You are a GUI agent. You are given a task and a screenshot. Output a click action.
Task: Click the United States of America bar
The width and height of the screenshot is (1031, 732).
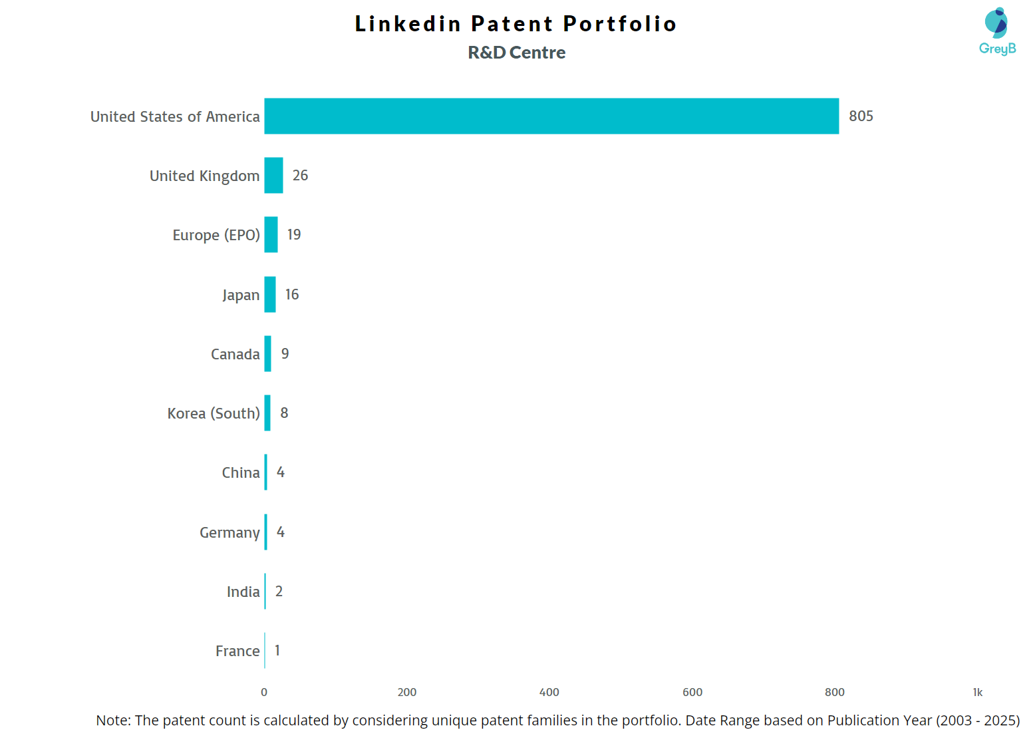[551, 116]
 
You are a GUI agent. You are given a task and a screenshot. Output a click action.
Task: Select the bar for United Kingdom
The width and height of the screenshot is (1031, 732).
[273, 176]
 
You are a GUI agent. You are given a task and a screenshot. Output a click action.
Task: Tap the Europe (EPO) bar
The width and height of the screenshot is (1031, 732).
[271, 235]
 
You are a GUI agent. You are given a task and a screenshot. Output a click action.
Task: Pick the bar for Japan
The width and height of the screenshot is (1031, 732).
[270, 294]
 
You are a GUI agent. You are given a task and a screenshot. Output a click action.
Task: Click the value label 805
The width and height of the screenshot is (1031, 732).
[861, 116]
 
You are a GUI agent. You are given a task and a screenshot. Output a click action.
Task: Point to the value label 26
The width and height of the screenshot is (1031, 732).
[300, 176]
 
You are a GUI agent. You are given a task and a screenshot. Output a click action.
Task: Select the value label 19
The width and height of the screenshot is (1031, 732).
[294, 235]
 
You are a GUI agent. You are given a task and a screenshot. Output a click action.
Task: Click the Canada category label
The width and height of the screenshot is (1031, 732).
[235, 354]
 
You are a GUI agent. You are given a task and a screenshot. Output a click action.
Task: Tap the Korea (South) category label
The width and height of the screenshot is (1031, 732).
[214, 413]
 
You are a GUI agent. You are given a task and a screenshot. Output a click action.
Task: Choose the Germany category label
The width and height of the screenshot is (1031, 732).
[229, 532]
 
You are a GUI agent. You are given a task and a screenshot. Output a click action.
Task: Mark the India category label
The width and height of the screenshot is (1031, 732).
[243, 592]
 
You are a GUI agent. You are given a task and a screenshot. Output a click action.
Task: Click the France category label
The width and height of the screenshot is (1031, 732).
[237, 651]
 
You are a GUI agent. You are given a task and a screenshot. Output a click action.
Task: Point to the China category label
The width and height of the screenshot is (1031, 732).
[241, 472]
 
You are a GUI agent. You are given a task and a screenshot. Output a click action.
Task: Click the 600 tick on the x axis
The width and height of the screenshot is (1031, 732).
[692, 692]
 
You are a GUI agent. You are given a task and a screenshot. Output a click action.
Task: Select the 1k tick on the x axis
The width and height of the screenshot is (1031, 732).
[977, 692]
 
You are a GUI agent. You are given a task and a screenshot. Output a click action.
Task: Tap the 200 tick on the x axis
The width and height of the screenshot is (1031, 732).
[407, 692]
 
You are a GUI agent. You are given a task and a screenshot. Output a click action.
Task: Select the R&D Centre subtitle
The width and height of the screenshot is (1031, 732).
[516, 53]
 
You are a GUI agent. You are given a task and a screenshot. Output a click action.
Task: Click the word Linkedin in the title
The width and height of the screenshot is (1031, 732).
[407, 24]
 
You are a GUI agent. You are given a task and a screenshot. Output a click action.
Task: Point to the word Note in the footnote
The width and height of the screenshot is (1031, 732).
[112, 720]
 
